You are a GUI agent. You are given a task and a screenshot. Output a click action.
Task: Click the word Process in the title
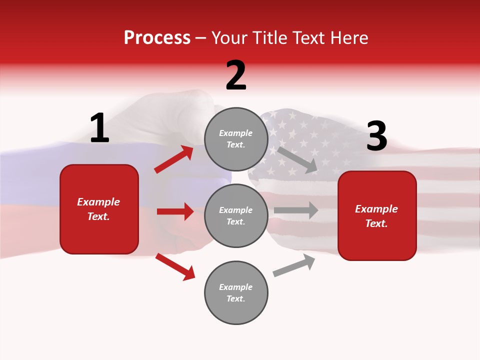[x=157, y=38]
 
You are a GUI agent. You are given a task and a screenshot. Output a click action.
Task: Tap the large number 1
[x=99, y=128]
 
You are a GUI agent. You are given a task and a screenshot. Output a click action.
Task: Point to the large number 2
[x=236, y=75]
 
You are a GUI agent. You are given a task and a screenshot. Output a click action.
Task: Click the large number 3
[x=376, y=136]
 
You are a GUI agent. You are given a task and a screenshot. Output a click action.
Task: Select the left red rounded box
[x=99, y=209]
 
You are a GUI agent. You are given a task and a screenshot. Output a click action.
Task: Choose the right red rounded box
[x=377, y=216]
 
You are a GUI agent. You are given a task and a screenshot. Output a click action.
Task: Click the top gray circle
[x=236, y=139]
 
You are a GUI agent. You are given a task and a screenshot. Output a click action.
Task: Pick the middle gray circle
[x=236, y=215]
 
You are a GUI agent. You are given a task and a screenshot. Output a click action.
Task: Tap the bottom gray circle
[x=236, y=292]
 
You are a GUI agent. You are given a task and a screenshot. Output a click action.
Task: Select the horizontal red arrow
[x=175, y=211]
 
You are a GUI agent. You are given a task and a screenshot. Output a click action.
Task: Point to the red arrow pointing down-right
[x=175, y=266]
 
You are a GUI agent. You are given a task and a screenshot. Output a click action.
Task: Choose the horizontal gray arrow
[x=295, y=210]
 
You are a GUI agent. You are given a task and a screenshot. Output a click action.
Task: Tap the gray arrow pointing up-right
[x=294, y=265]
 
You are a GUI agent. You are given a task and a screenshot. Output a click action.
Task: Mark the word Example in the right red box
[x=376, y=209]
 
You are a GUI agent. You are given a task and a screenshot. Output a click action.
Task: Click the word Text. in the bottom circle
[x=236, y=298]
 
